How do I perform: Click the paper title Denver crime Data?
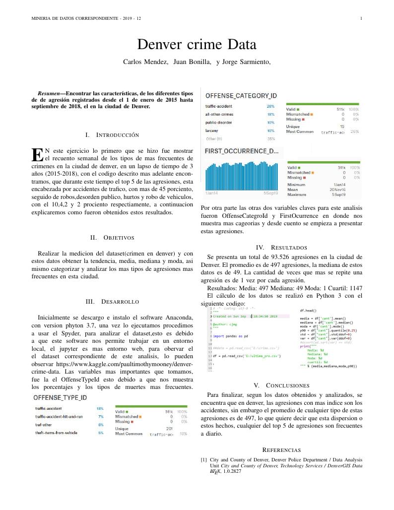pyautogui.click(x=197, y=45)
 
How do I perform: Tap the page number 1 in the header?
pyautogui.click(x=361, y=18)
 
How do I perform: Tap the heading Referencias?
pyautogui.click(x=281, y=449)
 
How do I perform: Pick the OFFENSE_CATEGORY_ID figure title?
pyautogui.click(x=241, y=95)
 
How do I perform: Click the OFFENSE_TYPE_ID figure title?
pyautogui.click(x=60, y=398)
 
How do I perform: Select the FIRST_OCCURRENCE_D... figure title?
pyautogui.click(x=241, y=151)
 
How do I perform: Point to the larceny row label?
pyautogui.click(x=211, y=130)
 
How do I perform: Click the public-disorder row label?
pyautogui.click(x=219, y=123)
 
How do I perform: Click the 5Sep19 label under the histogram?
pyautogui.click(x=270, y=193)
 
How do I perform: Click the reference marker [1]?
pyautogui.click(x=203, y=460)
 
